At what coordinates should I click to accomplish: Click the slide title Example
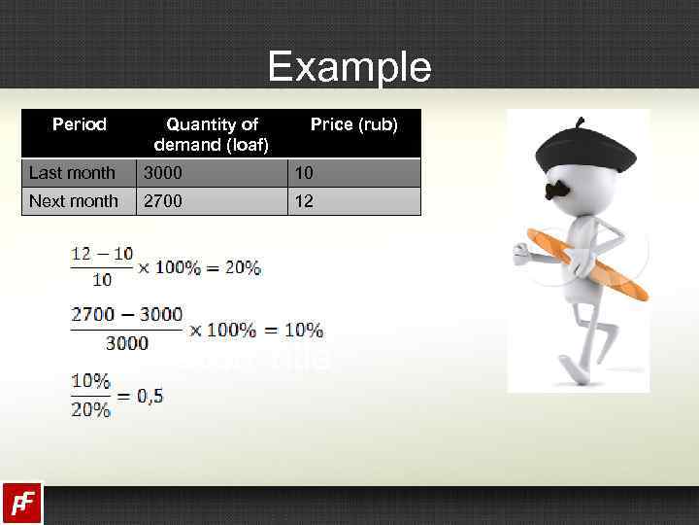(349, 67)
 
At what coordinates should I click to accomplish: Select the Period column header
(80, 124)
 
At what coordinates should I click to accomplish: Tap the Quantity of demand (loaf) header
(212, 135)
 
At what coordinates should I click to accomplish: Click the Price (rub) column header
(353, 124)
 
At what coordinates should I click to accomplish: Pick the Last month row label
(72, 173)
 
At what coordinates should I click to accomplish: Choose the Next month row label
(74, 201)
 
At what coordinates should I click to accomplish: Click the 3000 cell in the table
(163, 173)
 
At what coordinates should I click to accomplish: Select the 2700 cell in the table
(163, 201)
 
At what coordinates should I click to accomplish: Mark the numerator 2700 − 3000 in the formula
(126, 314)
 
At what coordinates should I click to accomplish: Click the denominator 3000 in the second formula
(127, 342)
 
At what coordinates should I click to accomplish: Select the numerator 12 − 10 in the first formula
(102, 254)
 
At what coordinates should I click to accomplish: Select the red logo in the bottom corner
(20, 503)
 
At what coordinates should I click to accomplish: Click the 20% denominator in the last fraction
(90, 409)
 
